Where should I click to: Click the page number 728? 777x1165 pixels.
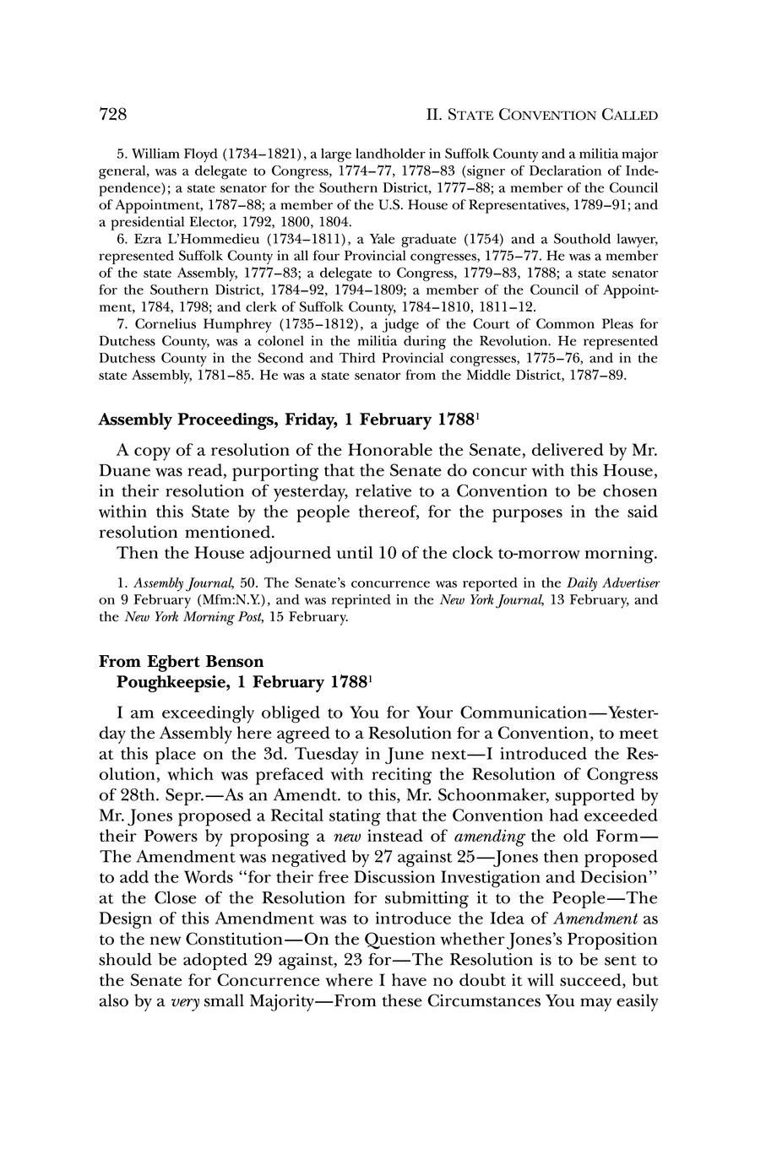[113, 114]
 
